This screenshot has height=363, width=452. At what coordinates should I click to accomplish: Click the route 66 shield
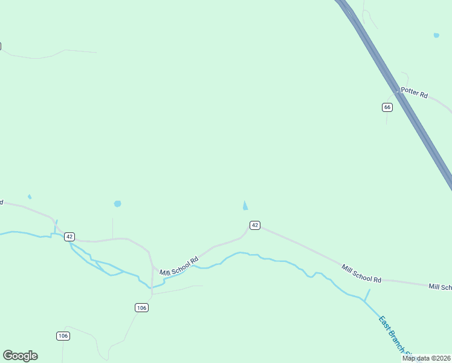(387, 107)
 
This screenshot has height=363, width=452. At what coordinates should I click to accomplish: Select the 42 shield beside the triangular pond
(255, 225)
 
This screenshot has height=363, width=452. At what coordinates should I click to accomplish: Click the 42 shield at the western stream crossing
(69, 236)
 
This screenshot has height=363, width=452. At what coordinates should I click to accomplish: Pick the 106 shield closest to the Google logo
(63, 336)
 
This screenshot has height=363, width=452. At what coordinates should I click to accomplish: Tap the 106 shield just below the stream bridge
(141, 308)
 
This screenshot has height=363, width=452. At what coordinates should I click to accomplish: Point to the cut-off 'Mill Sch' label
(440, 287)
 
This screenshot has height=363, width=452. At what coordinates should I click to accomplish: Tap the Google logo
(20, 356)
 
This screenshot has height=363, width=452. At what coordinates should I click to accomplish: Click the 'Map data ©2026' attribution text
(426, 358)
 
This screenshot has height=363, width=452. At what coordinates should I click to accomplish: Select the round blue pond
(117, 204)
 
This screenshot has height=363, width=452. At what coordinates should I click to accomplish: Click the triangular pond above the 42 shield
(245, 206)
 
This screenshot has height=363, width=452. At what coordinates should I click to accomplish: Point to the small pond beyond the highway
(436, 36)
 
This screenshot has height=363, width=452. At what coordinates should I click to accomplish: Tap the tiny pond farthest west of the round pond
(30, 197)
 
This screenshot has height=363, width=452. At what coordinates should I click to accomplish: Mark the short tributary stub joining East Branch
(367, 295)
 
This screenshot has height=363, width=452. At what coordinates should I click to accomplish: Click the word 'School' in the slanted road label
(179, 266)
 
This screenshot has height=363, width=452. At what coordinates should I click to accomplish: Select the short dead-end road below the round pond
(112, 228)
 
